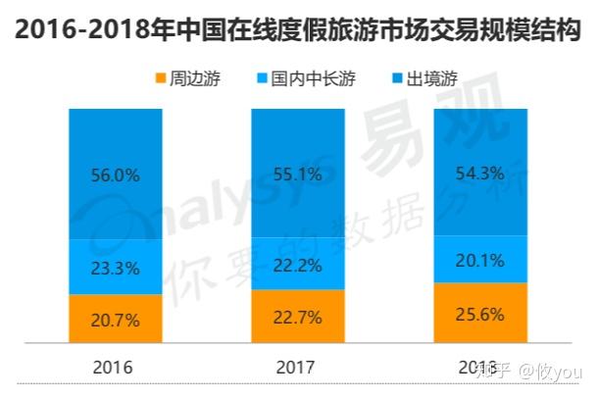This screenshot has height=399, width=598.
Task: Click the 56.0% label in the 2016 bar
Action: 116,176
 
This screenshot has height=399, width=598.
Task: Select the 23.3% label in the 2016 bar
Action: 116,266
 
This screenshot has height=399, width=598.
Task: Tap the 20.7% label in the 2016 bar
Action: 116,320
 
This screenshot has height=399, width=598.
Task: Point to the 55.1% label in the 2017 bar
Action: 298,175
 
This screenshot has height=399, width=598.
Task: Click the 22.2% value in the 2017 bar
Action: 298,263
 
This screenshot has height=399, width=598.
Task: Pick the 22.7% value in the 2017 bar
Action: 298,316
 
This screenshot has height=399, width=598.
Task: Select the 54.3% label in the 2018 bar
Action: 480,174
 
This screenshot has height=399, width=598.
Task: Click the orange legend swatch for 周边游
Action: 159,78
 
